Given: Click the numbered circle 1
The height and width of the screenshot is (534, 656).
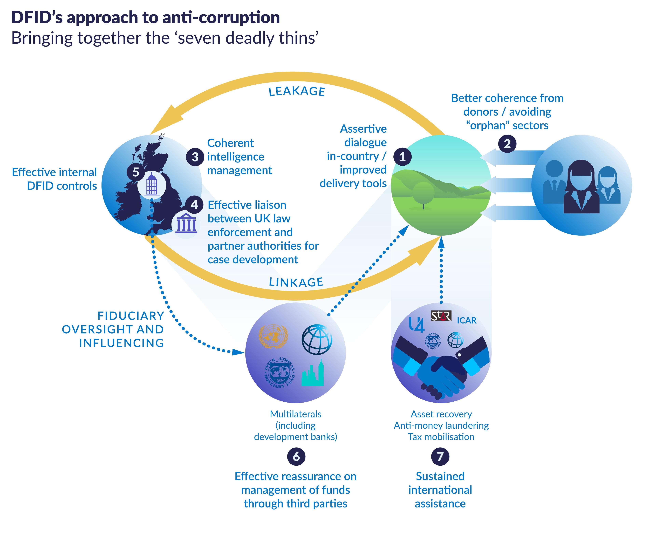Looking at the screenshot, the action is point(402,157).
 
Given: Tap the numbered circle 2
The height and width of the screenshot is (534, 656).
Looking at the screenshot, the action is point(507,144).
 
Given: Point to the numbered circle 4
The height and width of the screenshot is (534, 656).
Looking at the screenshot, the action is point(194,205).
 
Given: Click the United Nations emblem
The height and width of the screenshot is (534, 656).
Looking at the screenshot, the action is point(273,336).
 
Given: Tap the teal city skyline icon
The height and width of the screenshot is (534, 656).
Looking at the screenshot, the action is point(312,373).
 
